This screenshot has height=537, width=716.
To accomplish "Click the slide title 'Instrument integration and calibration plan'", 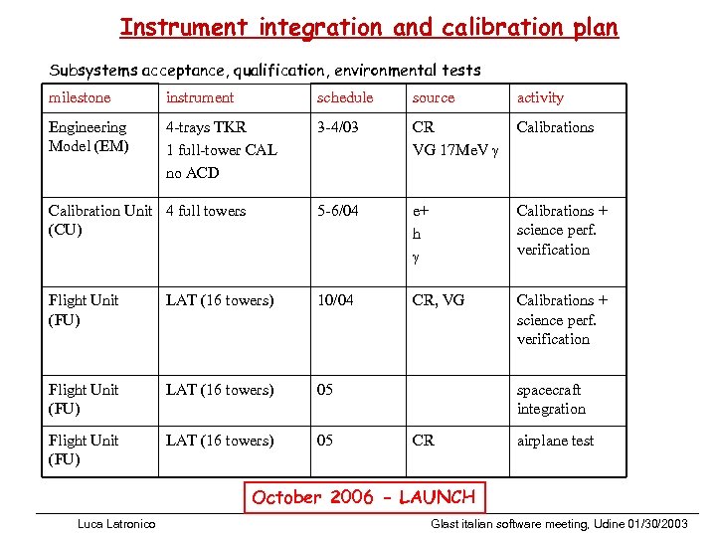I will click(369, 27).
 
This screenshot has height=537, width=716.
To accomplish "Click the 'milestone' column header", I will click(80, 97).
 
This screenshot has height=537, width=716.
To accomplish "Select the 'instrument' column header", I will click(200, 97).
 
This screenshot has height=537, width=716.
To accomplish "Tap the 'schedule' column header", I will click(345, 97).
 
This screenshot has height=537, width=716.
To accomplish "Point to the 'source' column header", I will click(434, 97).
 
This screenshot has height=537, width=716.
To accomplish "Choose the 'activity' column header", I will click(540, 97).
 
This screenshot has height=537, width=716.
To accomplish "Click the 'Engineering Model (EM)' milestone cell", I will click(88, 136).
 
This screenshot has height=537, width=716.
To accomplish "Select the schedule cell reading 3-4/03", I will click(338, 127).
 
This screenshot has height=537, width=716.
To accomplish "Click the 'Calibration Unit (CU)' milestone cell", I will click(99, 220).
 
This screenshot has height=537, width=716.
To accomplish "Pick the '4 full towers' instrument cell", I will click(206, 211).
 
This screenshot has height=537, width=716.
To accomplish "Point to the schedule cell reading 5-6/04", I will click(338, 211).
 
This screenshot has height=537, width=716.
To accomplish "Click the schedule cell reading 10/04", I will click(334, 300).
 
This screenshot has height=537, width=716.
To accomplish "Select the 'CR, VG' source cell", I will click(438, 300).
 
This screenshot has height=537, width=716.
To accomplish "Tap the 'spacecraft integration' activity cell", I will click(551, 399).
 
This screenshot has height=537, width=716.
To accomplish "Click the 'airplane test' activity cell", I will click(555, 441).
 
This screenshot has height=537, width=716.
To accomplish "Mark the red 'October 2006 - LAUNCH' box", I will click(364, 497).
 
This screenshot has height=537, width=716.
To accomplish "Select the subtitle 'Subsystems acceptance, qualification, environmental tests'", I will click(265, 70).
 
